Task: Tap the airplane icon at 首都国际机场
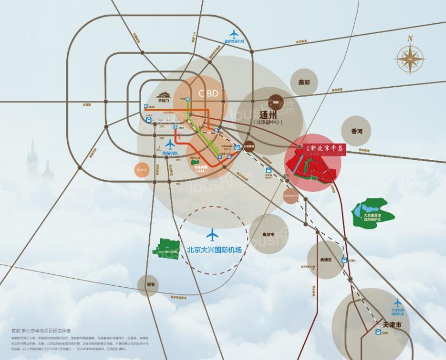[x=234, y=33]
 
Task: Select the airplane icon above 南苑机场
[x=170, y=144]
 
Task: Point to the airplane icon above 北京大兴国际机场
[x=212, y=235]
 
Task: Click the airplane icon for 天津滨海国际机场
[x=398, y=303]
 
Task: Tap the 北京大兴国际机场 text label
[x=214, y=250]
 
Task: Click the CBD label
[x=208, y=93]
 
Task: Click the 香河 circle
[x=356, y=131]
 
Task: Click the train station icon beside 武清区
[x=343, y=260]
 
